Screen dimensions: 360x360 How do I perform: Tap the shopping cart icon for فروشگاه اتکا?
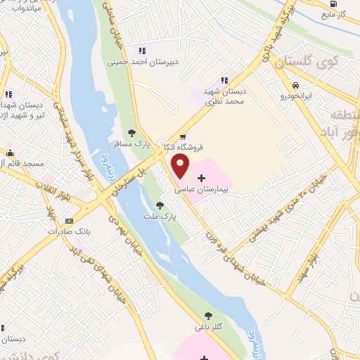(x=184, y=137)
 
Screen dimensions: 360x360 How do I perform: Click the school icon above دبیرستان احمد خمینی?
(x=142, y=50)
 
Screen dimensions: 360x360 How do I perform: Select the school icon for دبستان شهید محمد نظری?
(x=225, y=81)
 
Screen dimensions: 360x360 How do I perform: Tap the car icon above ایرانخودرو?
(x=288, y=84)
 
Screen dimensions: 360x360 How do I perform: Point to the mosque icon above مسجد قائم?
(x=10, y=153)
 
